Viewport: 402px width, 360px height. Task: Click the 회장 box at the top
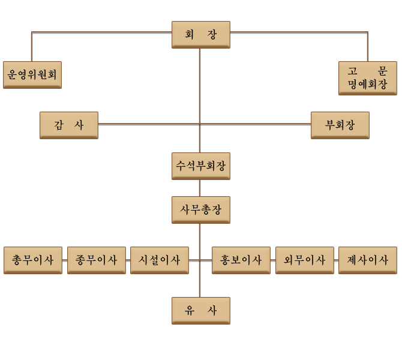pyautogui.click(x=200, y=35)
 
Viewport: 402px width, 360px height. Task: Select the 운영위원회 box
pyautogui.click(x=32, y=75)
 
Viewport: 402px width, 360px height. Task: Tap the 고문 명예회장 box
pyautogui.click(x=367, y=78)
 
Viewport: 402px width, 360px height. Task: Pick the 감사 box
pyautogui.click(x=68, y=125)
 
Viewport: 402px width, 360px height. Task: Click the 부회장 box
pyautogui.click(x=340, y=125)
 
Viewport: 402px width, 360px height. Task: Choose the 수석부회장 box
pyautogui.click(x=200, y=166)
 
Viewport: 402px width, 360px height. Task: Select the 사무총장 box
pyautogui.click(x=200, y=210)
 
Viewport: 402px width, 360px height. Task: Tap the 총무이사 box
pyautogui.click(x=32, y=260)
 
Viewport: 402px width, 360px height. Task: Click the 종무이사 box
pyautogui.click(x=96, y=260)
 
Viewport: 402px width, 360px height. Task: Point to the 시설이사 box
pyautogui.click(x=160, y=260)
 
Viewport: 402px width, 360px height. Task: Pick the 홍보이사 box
pyautogui.click(x=241, y=260)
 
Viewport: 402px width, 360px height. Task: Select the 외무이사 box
pyautogui.click(x=305, y=260)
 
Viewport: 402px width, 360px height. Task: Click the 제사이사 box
pyautogui.click(x=367, y=260)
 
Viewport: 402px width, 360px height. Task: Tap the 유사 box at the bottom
pyautogui.click(x=200, y=311)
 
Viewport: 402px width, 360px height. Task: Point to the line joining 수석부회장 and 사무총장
pyautogui.click(x=200, y=188)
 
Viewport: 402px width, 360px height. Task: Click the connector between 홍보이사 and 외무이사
pyautogui.click(x=273, y=260)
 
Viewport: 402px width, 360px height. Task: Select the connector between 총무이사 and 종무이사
pyautogui.click(x=65, y=260)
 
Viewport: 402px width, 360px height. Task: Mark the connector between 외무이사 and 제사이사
pyautogui.click(x=336, y=260)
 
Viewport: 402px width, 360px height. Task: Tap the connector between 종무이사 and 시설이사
pyautogui.click(x=128, y=260)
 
